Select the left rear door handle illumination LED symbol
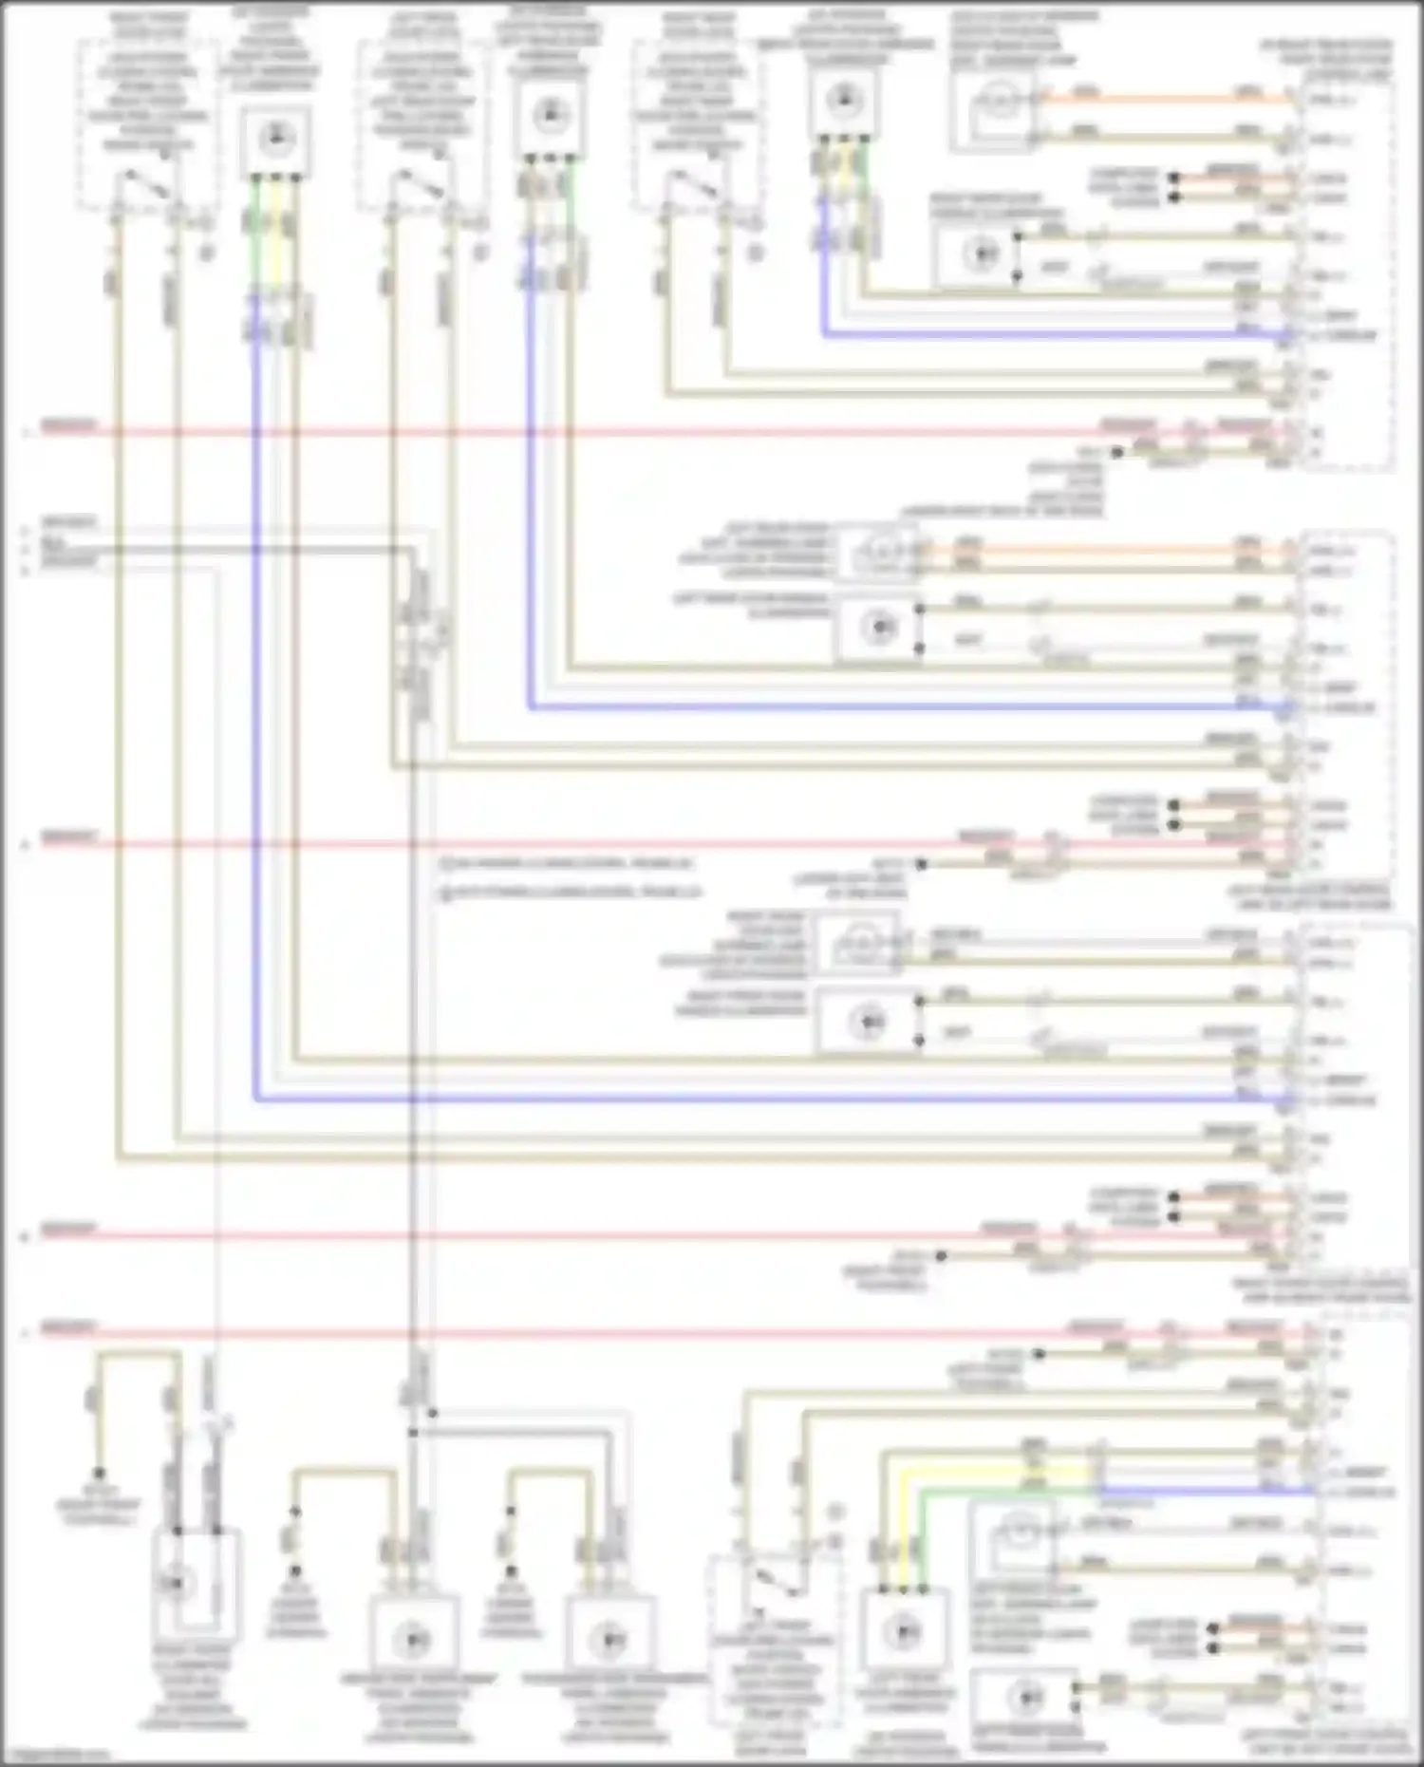(x=879, y=629)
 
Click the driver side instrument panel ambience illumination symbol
(x=414, y=1639)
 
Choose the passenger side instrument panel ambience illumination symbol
(x=609, y=1639)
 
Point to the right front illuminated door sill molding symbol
(x=177, y=1583)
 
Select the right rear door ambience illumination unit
(x=843, y=100)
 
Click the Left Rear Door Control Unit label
(x=1308, y=897)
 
